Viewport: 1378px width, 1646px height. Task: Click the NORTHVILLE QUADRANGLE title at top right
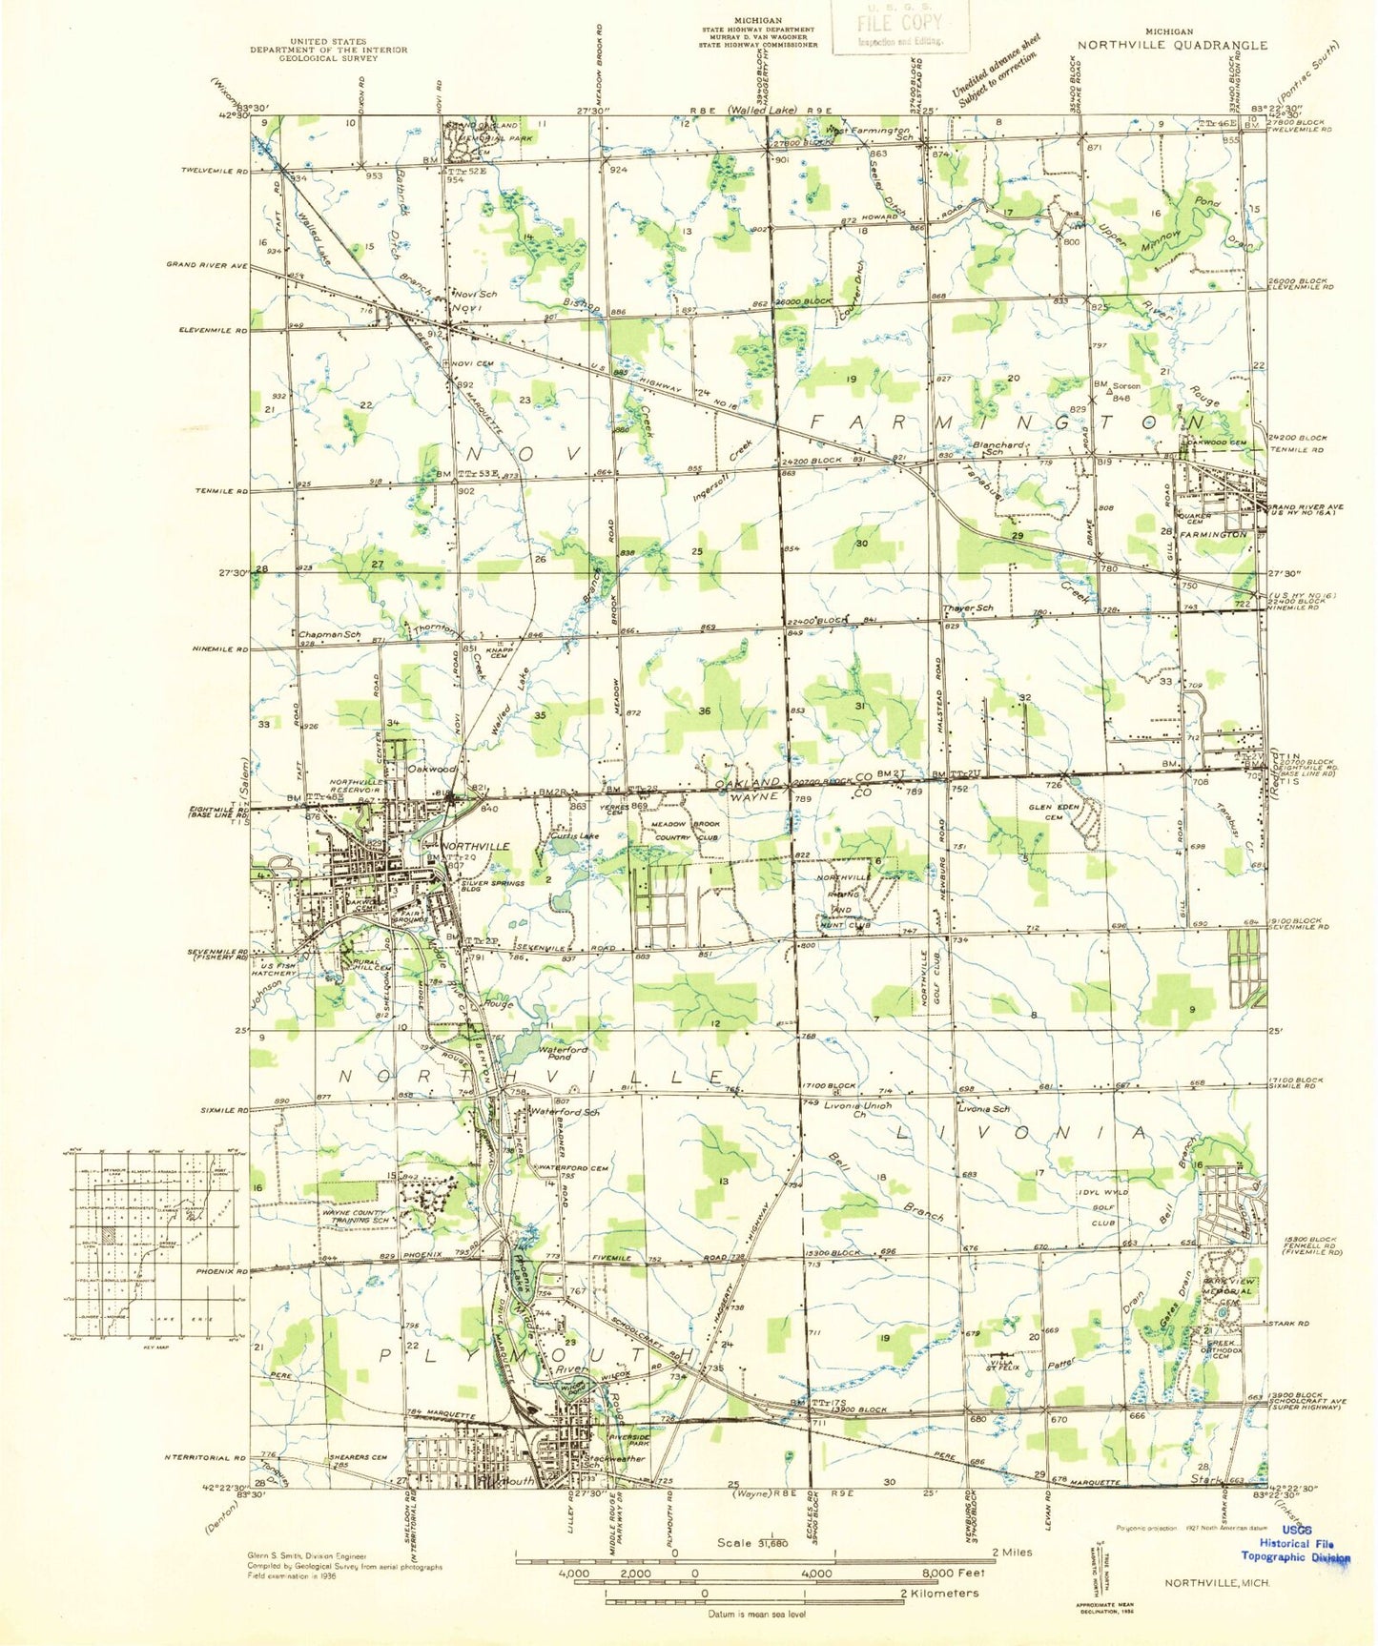click(1172, 45)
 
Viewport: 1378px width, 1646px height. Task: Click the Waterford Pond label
click(564, 1054)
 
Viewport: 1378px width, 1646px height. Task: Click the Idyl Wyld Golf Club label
click(1102, 1206)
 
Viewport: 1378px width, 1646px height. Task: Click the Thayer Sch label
click(967, 608)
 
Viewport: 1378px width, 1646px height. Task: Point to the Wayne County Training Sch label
click(356, 1216)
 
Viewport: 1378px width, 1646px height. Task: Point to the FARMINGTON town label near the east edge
click(1213, 535)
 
